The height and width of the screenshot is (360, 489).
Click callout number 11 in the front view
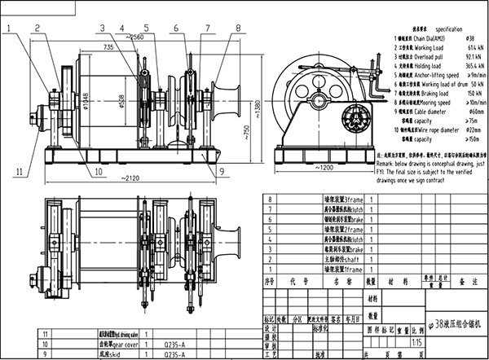17,170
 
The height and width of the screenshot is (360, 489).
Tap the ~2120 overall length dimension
121,182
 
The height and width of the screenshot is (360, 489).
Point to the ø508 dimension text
122,103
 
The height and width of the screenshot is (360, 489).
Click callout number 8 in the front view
237,27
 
